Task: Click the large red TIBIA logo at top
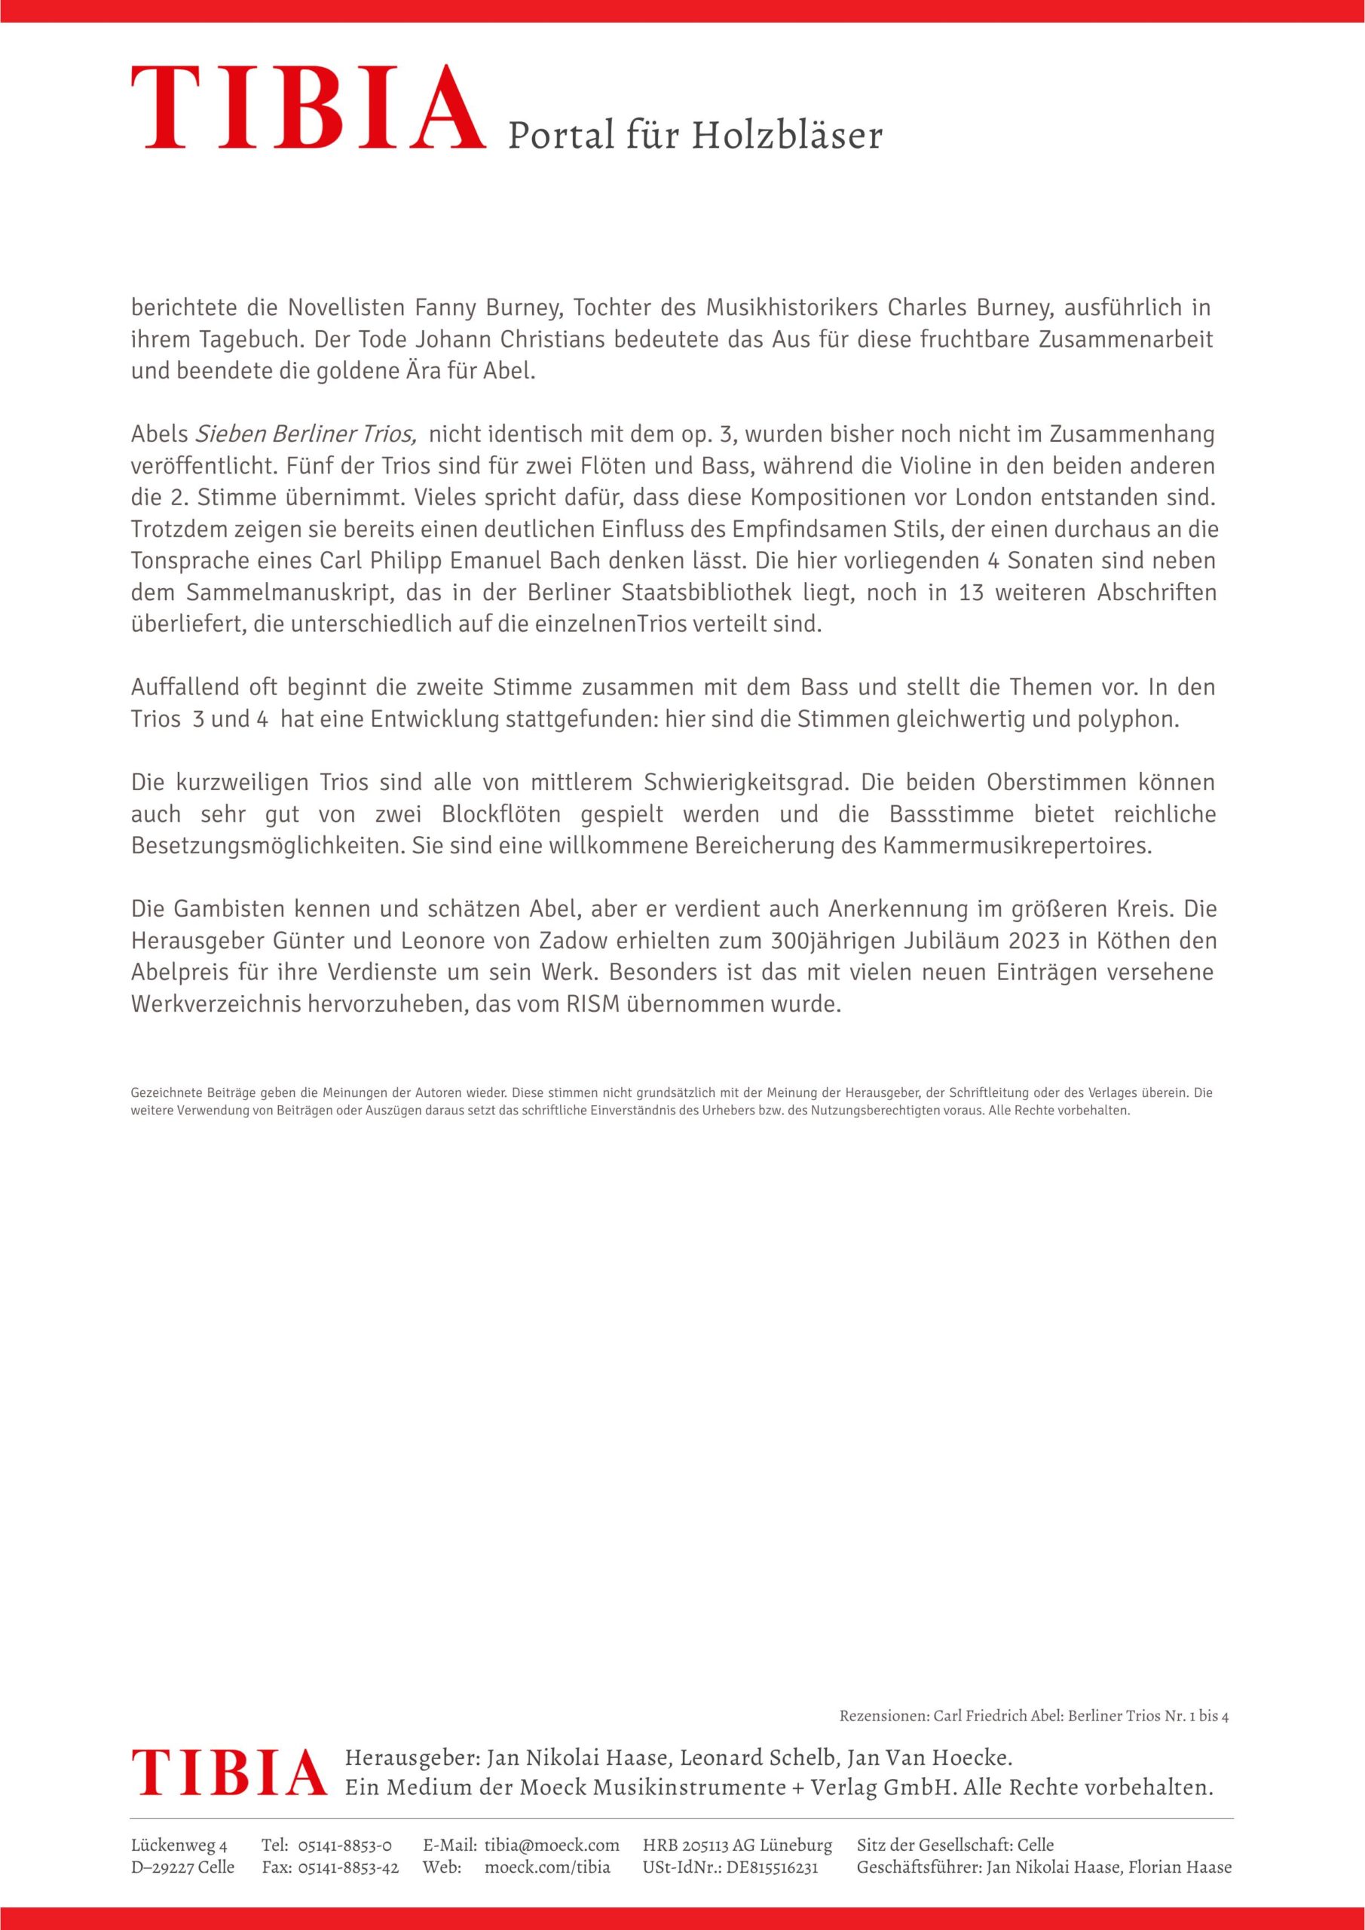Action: click(x=308, y=109)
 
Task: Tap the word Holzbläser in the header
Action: click(x=787, y=136)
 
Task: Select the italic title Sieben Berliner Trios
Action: click(x=306, y=434)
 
